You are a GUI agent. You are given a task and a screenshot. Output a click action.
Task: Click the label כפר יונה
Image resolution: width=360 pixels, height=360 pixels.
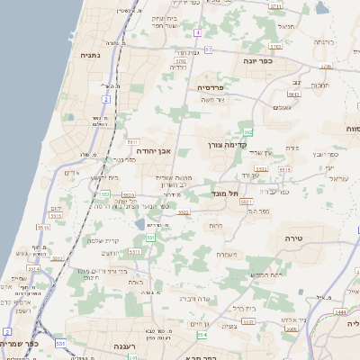click(x=257, y=61)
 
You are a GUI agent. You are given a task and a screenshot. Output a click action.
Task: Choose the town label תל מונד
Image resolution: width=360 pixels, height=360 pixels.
click(x=226, y=192)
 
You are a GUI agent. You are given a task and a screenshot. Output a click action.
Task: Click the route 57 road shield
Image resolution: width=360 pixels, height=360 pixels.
click(x=208, y=49)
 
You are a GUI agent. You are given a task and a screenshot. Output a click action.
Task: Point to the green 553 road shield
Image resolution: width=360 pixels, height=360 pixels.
click(x=151, y=238)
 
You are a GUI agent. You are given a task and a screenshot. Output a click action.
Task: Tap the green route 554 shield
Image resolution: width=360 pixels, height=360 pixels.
click(x=202, y=335)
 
